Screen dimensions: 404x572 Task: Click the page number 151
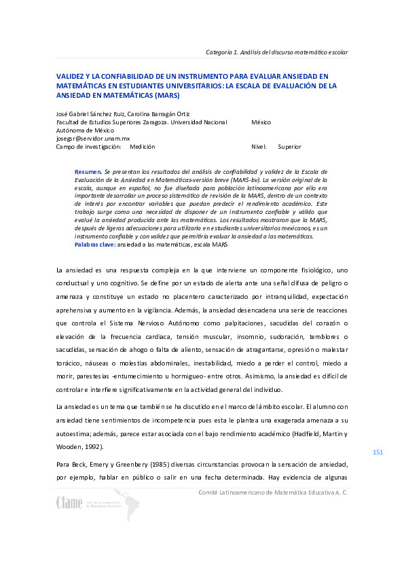point(379,452)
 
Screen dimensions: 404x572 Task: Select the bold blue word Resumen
point(88,173)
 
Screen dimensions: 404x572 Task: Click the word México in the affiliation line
point(261,122)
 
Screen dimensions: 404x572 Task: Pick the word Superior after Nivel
point(289,147)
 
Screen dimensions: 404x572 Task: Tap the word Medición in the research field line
point(143,147)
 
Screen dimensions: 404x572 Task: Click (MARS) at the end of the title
point(164,95)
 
